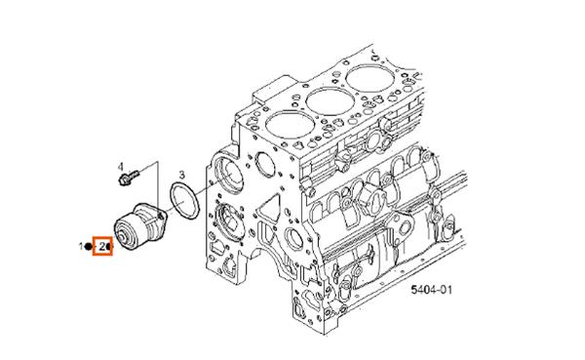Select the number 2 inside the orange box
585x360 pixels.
pyautogui.click(x=101, y=247)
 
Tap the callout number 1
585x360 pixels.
pyautogui.click(x=82, y=247)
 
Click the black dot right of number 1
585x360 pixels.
pyautogui.click(x=90, y=247)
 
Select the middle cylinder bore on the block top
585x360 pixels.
pyautogui.click(x=330, y=99)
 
